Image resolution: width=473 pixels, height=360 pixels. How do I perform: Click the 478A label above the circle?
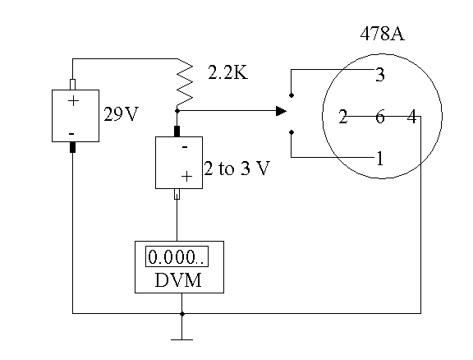pyautogui.click(x=382, y=33)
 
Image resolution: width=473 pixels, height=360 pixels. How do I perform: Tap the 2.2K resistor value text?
pyautogui.click(x=228, y=72)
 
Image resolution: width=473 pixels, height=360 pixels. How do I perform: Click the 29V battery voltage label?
pyautogui.click(x=121, y=114)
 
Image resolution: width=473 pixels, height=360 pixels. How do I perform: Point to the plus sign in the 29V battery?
pyautogui.click(x=73, y=100)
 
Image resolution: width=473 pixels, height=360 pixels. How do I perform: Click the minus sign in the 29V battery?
pyautogui.click(x=71, y=134)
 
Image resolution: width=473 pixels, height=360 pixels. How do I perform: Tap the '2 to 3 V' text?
pyautogui.click(x=236, y=168)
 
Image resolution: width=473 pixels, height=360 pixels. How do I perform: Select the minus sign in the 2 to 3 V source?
pyautogui.click(x=185, y=147)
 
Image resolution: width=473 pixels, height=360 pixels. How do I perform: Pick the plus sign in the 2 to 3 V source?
pyautogui.click(x=186, y=176)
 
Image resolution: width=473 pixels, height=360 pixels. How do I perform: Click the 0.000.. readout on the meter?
pyautogui.click(x=177, y=257)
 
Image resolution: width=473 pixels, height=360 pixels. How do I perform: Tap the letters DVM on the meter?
pyautogui.click(x=178, y=280)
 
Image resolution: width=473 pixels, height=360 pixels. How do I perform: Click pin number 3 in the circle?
pyautogui.click(x=380, y=75)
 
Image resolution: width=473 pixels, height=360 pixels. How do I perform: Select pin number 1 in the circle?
pyautogui.click(x=380, y=159)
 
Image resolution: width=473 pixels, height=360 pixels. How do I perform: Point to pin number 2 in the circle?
pyautogui.click(x=342, y=117)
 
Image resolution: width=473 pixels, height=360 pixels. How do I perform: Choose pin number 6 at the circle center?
pyautogui.click(x=380, y=117)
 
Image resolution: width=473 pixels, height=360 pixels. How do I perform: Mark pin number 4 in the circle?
pyautogui.click(x=412, y=117)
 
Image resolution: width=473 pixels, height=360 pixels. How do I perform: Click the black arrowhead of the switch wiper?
pyautogui.click(x=281, y=111)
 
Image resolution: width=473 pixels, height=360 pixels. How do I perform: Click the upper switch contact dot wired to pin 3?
pyautogui.click(x=291, y=95)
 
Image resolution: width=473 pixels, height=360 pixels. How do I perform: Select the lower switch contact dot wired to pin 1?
pyautogui.click(x=291, y=132)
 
